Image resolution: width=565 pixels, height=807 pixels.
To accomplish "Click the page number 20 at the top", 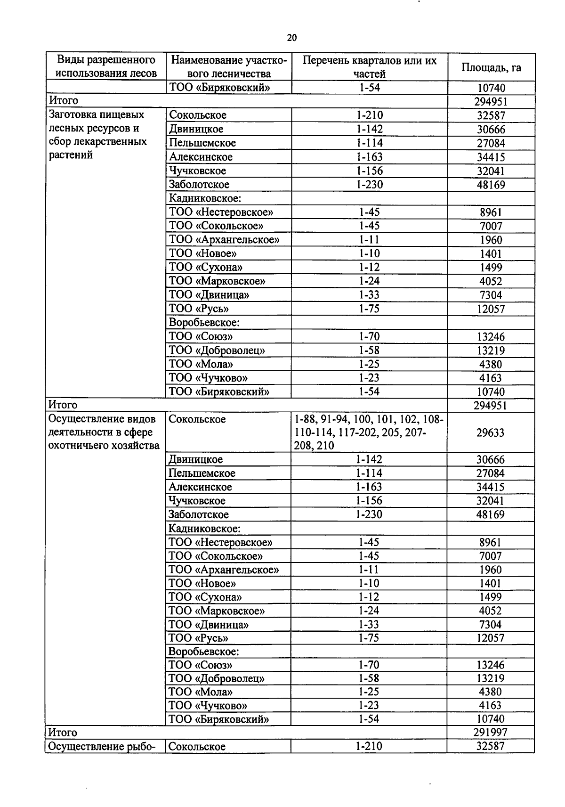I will [291, 38].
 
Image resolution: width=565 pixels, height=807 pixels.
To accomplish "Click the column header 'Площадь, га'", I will [491, 67].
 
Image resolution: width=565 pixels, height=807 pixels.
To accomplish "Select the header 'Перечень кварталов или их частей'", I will [369, 67].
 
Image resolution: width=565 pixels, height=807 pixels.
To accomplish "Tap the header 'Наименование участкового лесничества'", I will [228, 67].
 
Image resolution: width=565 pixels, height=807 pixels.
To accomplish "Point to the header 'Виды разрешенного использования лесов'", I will [106, 67].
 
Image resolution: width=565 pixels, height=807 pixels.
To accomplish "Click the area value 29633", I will [490, 432].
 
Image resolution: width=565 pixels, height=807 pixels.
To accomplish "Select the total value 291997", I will [490, 732].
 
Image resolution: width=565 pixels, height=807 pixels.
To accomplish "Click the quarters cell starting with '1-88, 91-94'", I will [368, 432].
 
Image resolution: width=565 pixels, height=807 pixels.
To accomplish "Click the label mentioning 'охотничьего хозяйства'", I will [104, 446].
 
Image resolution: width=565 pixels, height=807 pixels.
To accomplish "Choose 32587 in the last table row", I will [490, 746].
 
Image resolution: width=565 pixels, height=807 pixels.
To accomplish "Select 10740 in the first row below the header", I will [491, 88].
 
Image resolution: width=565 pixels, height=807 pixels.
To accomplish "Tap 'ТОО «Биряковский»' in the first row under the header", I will [219, 88].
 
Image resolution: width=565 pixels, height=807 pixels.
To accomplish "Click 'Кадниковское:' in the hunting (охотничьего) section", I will [204, 529].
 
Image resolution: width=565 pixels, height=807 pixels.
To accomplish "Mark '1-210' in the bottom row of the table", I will [369, 746].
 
